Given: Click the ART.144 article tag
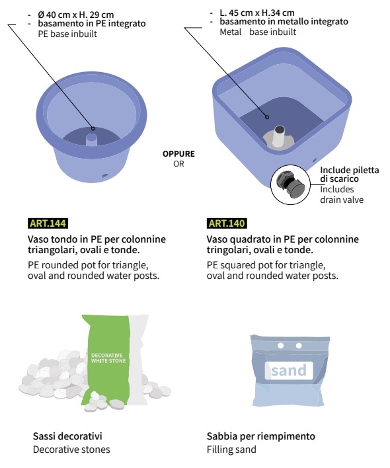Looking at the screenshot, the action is click(48, 223).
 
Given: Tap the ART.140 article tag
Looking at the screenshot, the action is click(227, 223).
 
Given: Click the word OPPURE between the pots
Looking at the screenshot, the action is click(178, 154).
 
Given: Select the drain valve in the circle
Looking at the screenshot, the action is click(290, 184).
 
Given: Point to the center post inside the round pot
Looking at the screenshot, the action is click(91, 139).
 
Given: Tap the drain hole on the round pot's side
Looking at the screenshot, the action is click(104, 176).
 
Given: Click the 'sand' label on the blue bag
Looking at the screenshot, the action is click(289, 370).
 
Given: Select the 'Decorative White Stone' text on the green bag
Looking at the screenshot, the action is click(108, 358).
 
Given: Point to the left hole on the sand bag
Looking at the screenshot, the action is click(280, 346).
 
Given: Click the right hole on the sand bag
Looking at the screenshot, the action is click(299, 346).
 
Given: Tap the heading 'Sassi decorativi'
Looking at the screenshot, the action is click(67, 436).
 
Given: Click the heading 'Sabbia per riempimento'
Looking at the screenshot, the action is click(261, 436).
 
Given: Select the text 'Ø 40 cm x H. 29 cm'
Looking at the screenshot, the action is click(76, 15).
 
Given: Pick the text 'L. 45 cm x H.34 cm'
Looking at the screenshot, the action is click(257, 13).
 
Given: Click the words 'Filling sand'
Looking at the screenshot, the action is click(231, 449).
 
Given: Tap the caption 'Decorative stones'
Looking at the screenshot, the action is click(71, 449).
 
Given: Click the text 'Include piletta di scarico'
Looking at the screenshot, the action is click(350, 175).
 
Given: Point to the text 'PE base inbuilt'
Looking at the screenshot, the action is click(67, 34).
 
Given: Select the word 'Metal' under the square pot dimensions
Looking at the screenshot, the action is click(230, 32).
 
